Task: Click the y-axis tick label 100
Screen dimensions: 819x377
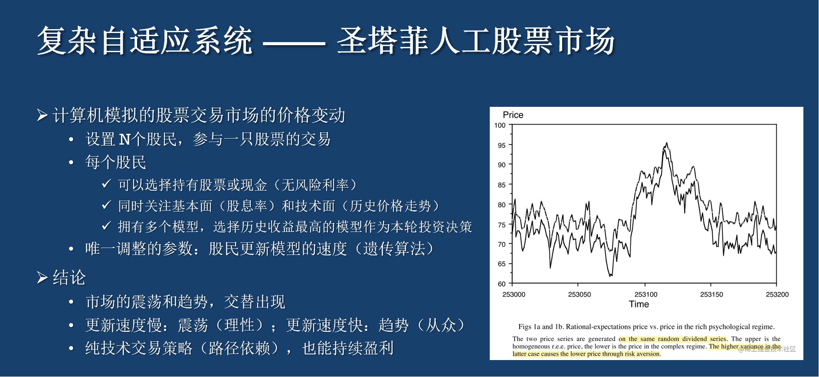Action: (500, 126)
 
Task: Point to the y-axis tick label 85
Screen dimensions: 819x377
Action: (501, 185)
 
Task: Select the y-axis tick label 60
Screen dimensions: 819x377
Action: (501, 284)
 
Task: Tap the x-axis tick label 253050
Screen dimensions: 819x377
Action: (580, 294)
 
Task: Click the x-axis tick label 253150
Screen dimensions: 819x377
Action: (711, 294)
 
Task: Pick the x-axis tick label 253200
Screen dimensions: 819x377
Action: (777, 294)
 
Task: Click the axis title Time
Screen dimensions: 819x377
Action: (639, 304)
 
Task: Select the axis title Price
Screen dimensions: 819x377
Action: (513, 115)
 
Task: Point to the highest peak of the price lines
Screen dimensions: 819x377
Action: (666, 143)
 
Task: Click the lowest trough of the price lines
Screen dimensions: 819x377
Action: (610, 275)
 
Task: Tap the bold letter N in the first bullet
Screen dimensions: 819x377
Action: (124, 139)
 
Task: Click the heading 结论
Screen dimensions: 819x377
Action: (69, 278)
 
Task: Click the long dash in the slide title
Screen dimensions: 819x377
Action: (294, 43)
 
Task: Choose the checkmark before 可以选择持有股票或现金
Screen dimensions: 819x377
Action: (107, 184)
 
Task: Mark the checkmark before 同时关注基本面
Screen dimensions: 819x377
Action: (107, 205)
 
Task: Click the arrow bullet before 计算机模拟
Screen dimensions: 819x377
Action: (42, 116)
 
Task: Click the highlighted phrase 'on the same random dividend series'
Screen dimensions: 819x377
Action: (672, 339)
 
